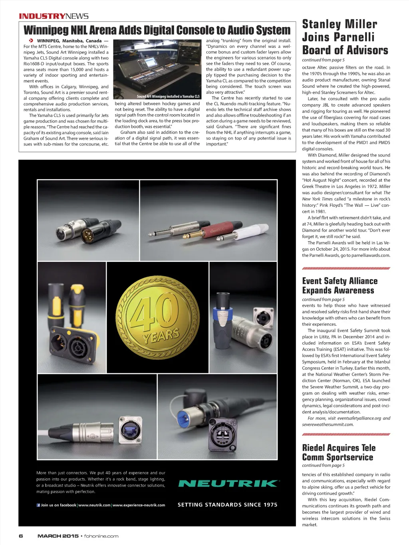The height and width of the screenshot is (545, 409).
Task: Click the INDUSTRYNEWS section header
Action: pos(54,16)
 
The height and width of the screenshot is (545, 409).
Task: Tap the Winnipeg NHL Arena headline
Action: pos(157,30)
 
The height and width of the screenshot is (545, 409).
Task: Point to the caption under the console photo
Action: pos(168,96)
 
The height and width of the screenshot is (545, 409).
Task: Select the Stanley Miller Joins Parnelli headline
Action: pos(345,37)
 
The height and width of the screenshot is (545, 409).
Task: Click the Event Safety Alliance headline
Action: pos(340,285)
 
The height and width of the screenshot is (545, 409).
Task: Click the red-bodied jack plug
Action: pos(214,230)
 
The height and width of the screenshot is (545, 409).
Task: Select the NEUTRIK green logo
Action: pos(228,484)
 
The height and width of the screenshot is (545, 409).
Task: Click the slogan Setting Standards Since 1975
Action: pos(227,505)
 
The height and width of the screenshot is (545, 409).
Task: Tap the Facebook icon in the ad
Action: pos(38,505)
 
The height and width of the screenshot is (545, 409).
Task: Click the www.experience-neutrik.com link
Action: pos(139,505)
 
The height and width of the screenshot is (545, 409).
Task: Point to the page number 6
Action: pos(21,536)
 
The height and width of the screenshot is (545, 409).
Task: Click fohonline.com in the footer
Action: pos(101,536)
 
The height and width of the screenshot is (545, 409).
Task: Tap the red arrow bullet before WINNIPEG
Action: pos(31,41)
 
